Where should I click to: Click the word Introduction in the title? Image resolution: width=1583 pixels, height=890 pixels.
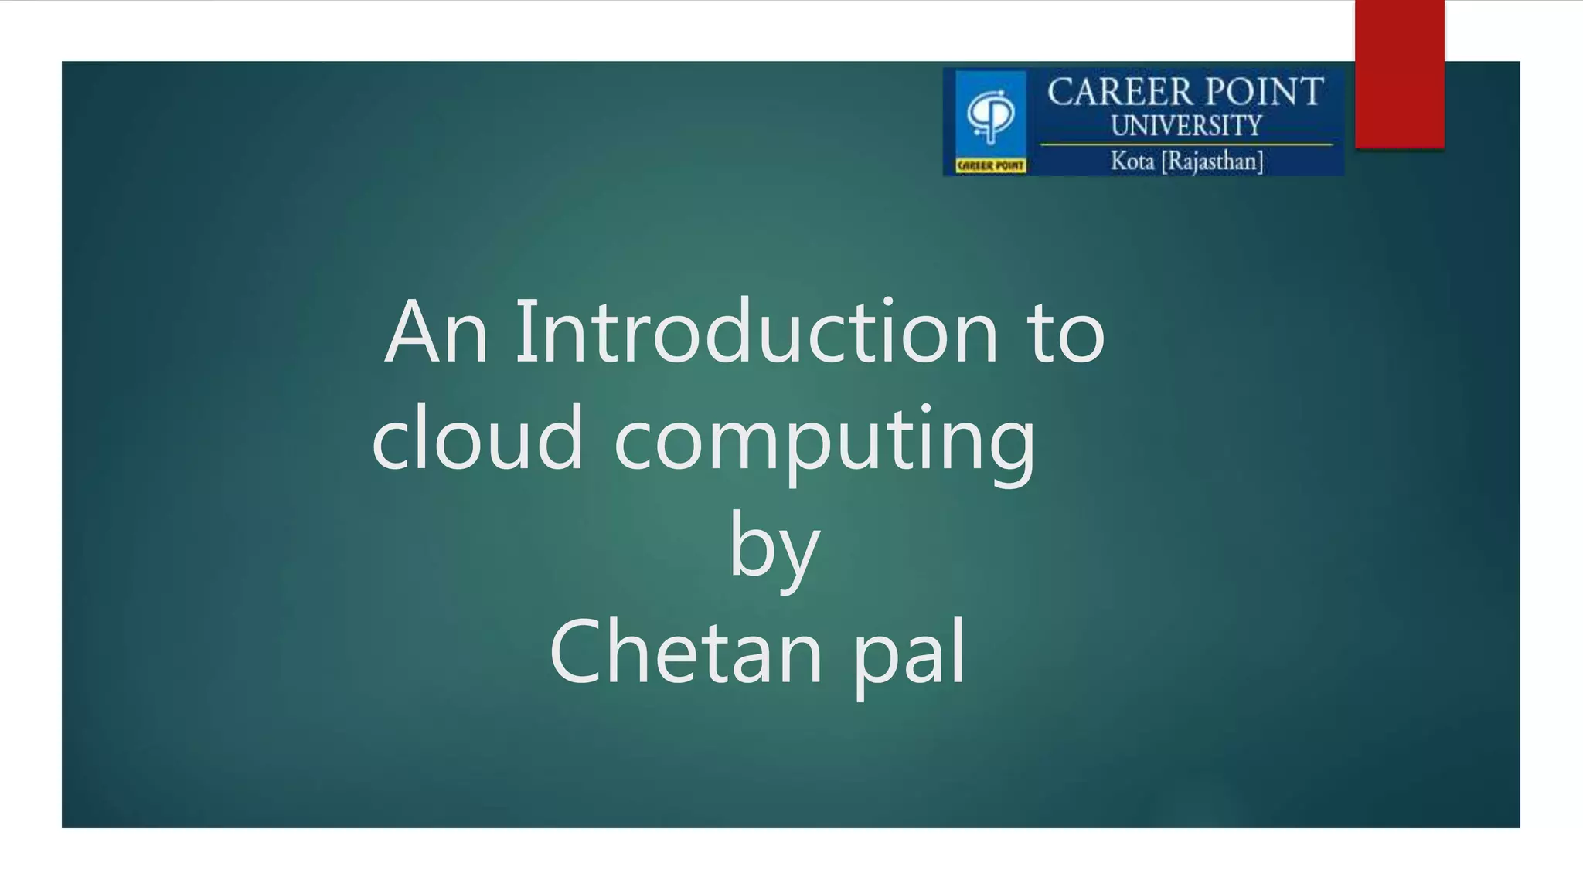click(x=756, y=332)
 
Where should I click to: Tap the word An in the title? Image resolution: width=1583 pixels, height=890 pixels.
click(x=437, y=332)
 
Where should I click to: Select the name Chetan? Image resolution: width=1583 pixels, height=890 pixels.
click(x=686, y=651)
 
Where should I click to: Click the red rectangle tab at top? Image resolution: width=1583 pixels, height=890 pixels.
click(x=1399, y=73)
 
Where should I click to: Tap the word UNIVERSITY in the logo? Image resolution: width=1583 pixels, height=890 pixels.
click(x=1186, y=126)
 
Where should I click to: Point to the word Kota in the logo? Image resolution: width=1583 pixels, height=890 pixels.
click(x=1132, y=161)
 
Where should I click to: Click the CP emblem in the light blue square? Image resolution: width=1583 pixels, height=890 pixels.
click(x=991, y=115)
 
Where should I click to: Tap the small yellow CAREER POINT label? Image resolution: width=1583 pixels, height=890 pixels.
click(x=990, y=165)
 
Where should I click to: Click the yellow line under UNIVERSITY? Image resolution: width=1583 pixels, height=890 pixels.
click(x=1186, y=144)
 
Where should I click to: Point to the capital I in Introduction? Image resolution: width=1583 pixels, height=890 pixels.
click(x=526, y=332)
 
